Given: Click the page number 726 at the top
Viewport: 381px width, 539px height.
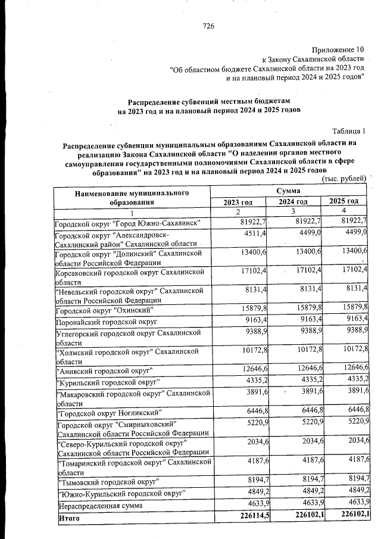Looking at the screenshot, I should [x=208, y=26].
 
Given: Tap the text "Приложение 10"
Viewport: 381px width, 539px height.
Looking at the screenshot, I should [x=337, y=49].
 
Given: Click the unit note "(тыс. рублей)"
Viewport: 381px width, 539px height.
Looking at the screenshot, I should [x=343, y=179].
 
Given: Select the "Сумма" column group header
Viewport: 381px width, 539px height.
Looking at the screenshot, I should [x=288, y=191].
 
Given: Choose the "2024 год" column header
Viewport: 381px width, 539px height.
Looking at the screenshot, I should [x=293, y=202].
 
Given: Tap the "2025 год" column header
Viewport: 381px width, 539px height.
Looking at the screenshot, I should [x=343, y=202].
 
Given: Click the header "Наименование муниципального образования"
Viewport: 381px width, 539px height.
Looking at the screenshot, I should [x=132, y=197].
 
